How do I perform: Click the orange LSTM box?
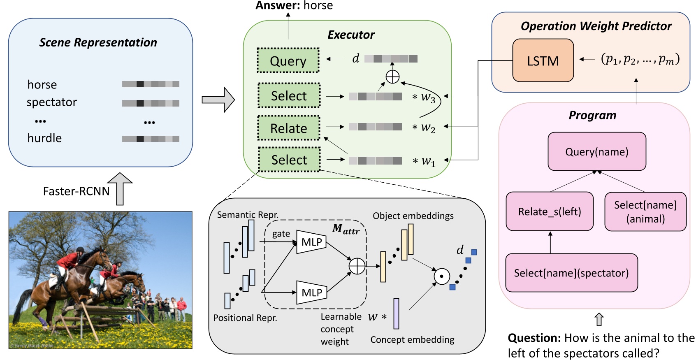pyautogui.click(x=543, y=60)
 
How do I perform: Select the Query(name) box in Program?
pyautogui.click(x=596, y=151)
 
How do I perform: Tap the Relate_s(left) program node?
pyautogui.click(x=550, y=211)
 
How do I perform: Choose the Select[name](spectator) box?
pyautogui.click(x=571, y=273)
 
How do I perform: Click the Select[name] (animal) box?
pyautogui.click(x=645, y=211)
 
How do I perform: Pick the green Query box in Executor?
pyautogui.click(x=288, y=60)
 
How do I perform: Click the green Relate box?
pyautogui.click(x=288, y=128)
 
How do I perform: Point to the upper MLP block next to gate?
pyautogui.click(x=311, y=242)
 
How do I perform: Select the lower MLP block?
pyautogui.click(x=311, y=293)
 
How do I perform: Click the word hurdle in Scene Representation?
pyautogui.click(x=44, y=138)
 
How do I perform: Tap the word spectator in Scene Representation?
pyautogui.click(x=52, y=102)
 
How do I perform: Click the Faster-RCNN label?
pyautogui.click(x=76, y=191)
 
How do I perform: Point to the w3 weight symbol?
pyautogui.click(x=428, y=98)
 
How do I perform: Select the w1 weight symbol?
pyautogui.click(x=428, y=161)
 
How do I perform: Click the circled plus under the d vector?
pyautogui.click(x=392, y=77)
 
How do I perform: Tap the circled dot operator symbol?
pyautogui.click(x=442, y=276)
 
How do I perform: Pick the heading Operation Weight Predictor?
pyautogui.click(x=596, y=26)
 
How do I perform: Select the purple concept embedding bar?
pyautogui.click(x=396, y=314)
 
